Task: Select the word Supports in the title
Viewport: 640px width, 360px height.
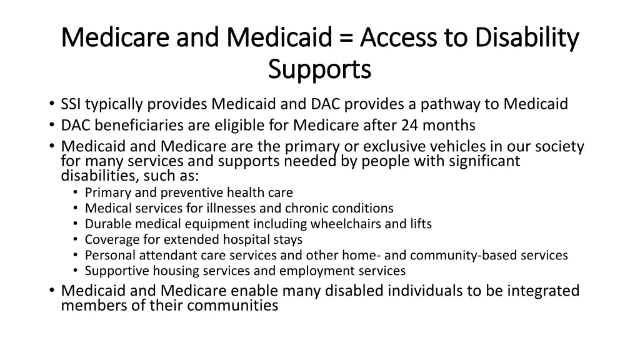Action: pyautogui.click(x=319, y=69)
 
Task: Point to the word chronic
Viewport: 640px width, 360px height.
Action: pyautogui.click(x=302, y=208)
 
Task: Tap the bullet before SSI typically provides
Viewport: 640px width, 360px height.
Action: pyautogui.click(x=51, y=104)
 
